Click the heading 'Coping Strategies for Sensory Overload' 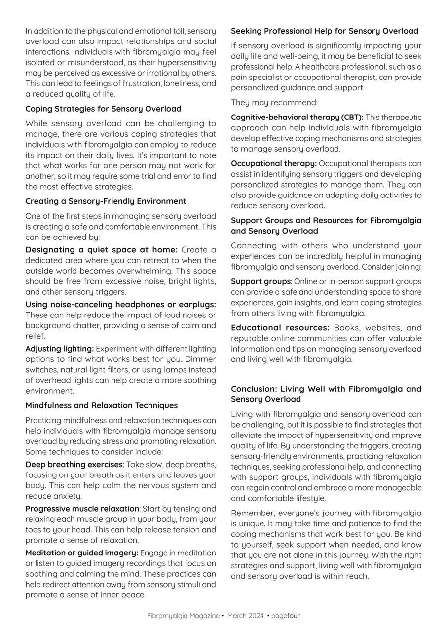103,109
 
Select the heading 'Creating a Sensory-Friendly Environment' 106,201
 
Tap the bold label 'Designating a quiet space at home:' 101,250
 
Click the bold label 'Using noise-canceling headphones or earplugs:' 120,305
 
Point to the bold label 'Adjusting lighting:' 59,349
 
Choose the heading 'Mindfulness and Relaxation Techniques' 101,405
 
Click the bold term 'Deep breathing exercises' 74,465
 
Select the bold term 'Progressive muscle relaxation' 82,509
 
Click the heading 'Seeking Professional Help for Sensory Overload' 325,31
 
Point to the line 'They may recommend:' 274,103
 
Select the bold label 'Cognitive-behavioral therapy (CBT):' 297,118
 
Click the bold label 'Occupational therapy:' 274,163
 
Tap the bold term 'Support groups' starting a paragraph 261,281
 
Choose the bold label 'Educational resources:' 280,328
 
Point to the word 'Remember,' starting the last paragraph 251,513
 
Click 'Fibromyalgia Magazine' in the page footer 183,616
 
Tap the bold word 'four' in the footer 294,616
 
